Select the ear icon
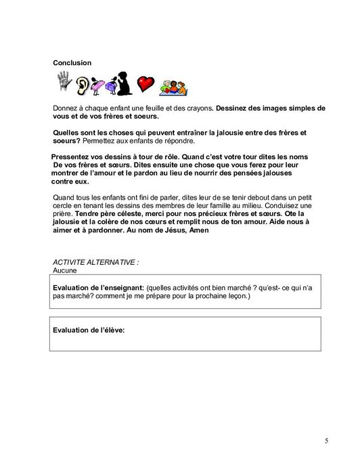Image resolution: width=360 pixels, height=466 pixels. pos(83,85)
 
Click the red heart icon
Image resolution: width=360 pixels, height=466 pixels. pos(145,83)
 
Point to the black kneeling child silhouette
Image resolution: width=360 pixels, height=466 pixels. pos(122,83)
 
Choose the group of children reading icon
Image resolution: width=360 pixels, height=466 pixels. pos(173,86)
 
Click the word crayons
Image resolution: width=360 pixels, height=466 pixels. pos(196,108)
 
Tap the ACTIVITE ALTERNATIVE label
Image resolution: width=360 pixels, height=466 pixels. pos(91,262)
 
